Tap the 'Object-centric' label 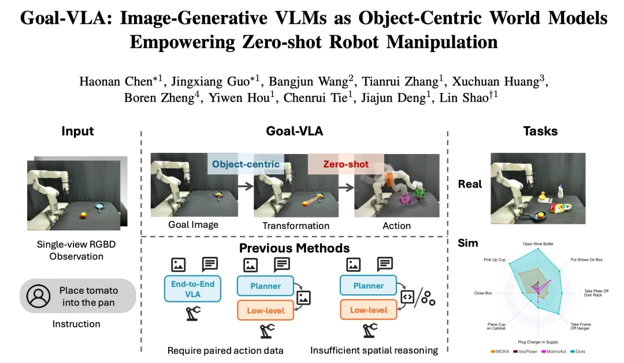[x=246, y=164]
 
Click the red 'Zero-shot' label [x=346, y=164]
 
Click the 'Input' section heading [x=78, y=132]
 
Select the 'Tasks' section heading [x=540, y=132]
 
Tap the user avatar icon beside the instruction [x=39, y=295]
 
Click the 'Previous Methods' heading [x=295, y=248]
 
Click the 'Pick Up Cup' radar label [x=495, y=260]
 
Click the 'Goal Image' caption [x=193, y=224]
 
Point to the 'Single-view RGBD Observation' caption [x=76, y=250]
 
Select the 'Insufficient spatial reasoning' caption [x=374, y=350]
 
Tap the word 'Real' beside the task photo [x=470, y=184]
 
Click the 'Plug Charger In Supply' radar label [x=538, y=342]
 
